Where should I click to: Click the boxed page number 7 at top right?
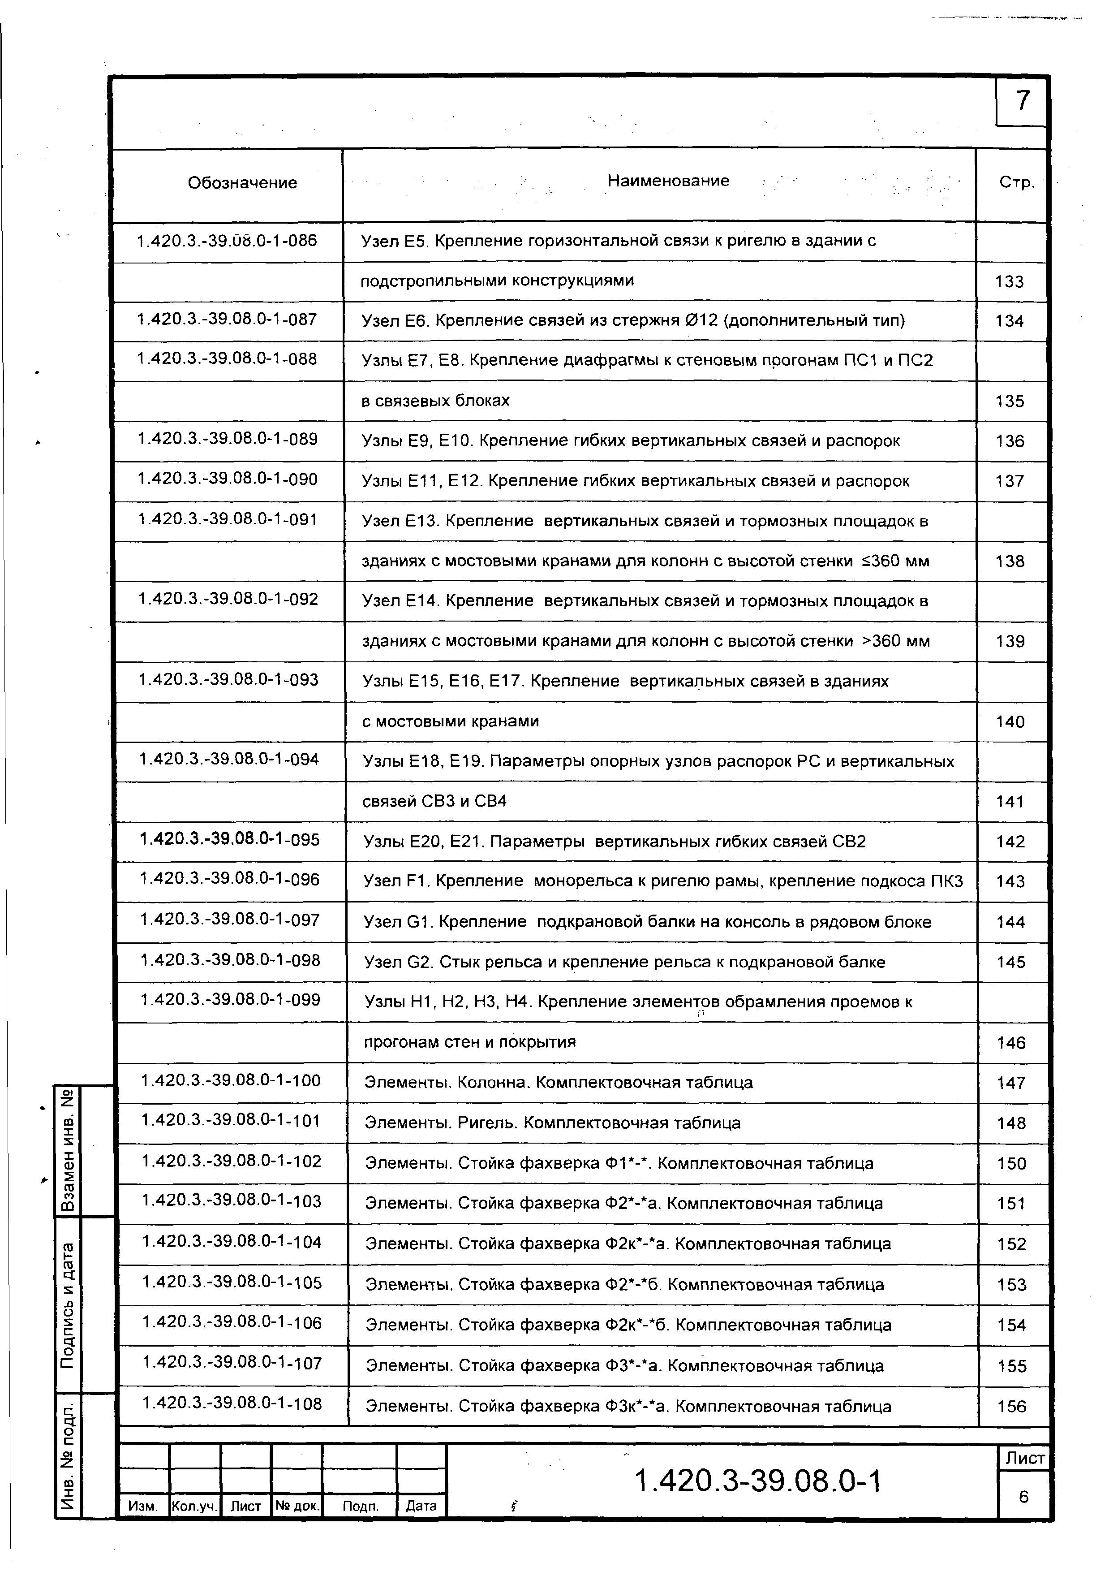pos(1022,101)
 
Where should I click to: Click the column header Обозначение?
pos(242,182)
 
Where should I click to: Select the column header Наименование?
pos(668,181)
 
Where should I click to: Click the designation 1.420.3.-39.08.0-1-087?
pos(227,319)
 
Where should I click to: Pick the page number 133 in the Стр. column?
pos(1009,281)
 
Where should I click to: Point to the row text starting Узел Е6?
pos(633,320)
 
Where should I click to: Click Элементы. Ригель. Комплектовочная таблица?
pos(552,1123)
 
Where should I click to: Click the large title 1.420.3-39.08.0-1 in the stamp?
pos(758,1481)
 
